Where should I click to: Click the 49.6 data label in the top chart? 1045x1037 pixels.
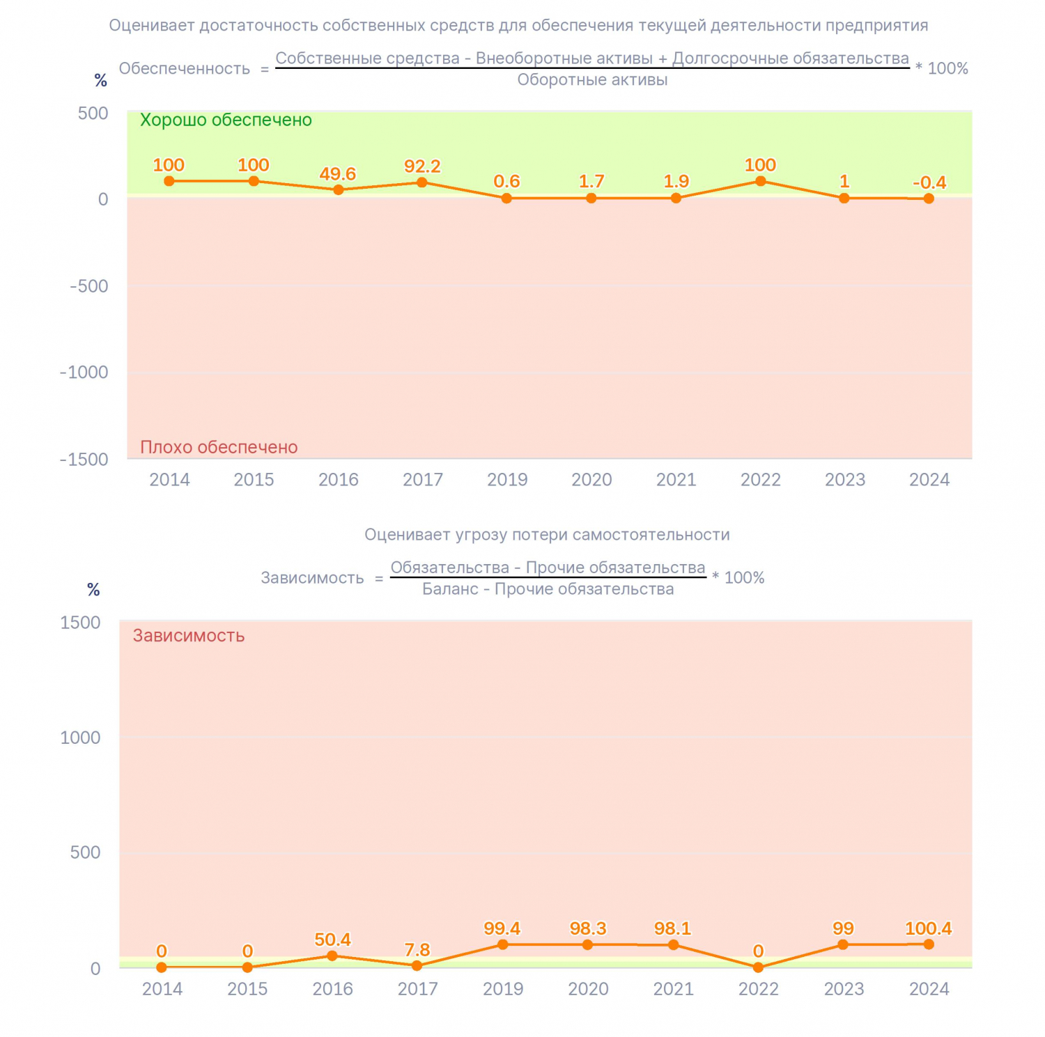coord(338,174)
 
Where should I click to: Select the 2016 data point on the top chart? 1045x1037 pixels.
coord(339,190)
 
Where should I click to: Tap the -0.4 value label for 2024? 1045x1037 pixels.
coord(929,182)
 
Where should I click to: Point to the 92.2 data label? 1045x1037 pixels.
coord(422,166)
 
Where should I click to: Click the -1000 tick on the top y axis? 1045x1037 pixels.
coord(84,372)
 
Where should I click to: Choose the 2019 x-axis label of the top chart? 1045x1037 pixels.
coord(507,479)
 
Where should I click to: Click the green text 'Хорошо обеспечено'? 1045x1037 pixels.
coord(226,120)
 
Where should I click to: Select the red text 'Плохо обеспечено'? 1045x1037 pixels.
coord(219,447)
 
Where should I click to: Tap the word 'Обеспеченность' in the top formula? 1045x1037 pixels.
coord(185,68)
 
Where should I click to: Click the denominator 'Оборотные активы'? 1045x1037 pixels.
coord(592,80)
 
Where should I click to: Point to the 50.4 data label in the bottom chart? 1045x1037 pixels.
coord(332,939)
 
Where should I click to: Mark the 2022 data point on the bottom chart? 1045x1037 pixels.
coord(758,967)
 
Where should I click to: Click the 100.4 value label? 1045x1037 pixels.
coord(928,928)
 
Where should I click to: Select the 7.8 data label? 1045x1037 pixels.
coord(417,950)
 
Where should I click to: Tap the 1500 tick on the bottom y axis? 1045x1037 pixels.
coord(81,623)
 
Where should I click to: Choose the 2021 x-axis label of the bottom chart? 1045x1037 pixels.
coord(673,989)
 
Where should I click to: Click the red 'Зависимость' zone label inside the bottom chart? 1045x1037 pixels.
coord(189,636)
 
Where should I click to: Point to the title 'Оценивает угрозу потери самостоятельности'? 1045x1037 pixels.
coord(547,535)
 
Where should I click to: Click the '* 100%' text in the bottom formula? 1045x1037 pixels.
coord(738,577)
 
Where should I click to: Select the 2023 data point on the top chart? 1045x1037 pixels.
coord(844,198)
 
